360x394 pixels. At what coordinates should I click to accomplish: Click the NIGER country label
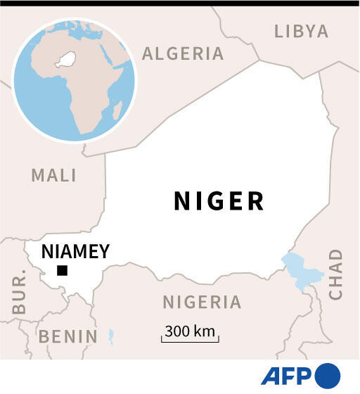(219, 201)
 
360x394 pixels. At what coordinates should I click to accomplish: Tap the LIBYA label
(301, 31)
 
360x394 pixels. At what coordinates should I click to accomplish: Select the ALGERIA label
(183, 53)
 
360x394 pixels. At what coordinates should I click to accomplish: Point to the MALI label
(54, 175)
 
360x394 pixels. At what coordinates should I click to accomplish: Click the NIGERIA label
(202, 303)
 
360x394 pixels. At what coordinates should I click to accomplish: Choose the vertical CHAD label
(336, 274)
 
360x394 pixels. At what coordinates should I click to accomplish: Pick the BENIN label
(67, 336)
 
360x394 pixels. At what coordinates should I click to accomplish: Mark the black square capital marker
(62, 271)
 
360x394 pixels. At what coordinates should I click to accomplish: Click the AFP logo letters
(287, 376)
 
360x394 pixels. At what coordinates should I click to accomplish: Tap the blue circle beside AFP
(328, 375)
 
